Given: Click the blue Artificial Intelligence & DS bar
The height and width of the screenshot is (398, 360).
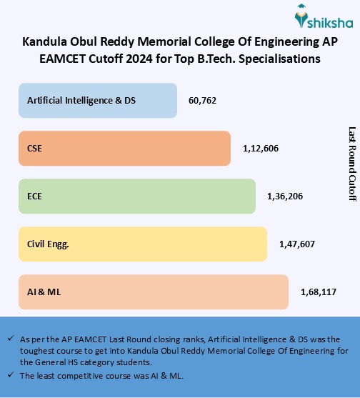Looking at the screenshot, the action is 97,100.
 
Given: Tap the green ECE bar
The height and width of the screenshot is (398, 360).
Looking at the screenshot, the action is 136,195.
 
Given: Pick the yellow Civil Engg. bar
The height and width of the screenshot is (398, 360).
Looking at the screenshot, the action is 142,244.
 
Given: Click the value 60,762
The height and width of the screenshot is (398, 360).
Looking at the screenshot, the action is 202,101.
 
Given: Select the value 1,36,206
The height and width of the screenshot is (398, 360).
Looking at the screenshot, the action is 284,196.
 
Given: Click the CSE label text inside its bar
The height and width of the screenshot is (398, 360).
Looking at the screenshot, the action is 34,149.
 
